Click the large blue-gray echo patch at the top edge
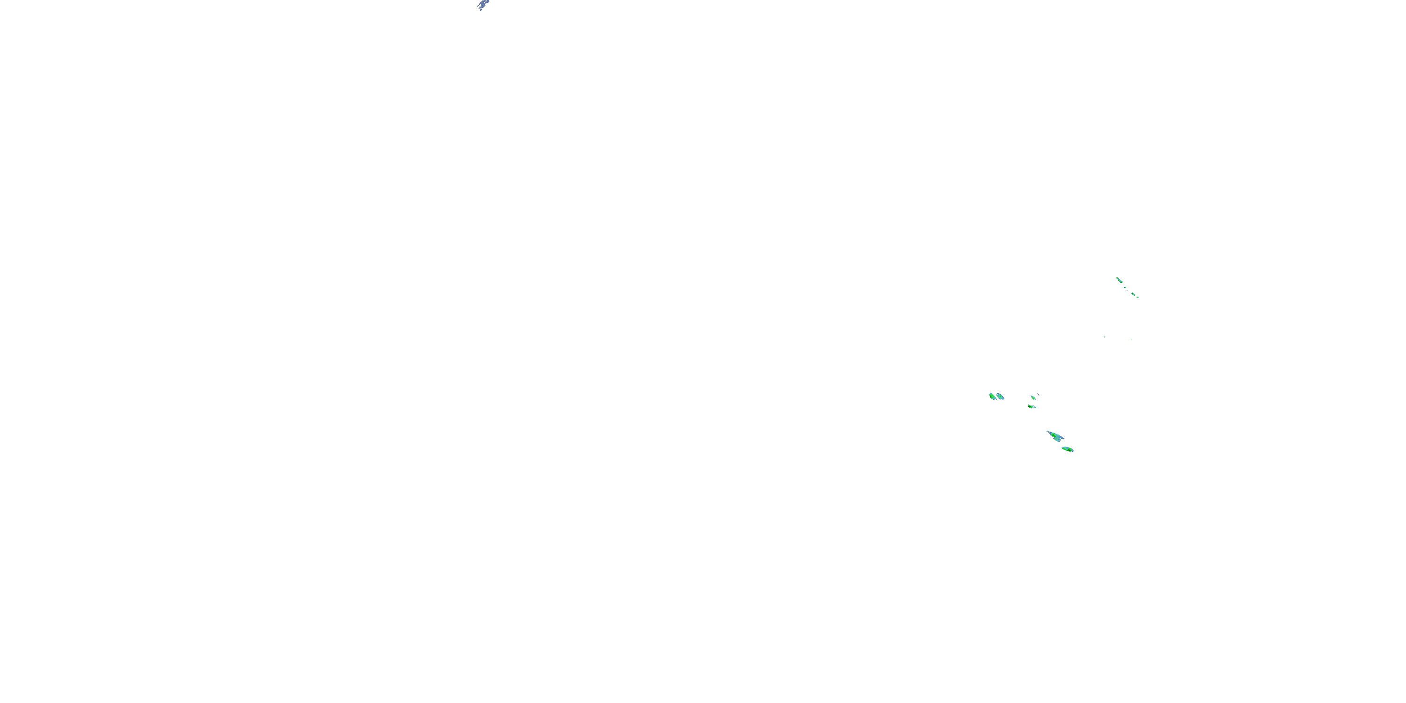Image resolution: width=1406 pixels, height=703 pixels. [x=483, y=4]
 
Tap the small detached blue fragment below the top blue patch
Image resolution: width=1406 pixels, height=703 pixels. [x=481, y=10]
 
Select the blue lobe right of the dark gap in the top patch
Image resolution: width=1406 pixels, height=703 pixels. [x=488, y=1]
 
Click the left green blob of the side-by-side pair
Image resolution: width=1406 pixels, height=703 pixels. [x=992, y=396]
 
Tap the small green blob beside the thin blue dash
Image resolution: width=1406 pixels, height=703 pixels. [x=1033, y=398]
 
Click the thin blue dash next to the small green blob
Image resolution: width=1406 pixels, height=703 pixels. [x=1039, y=395]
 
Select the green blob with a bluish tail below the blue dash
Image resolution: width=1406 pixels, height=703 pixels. [x=1031, y=407]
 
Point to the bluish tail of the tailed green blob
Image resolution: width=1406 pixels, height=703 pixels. [x=1035, y=407]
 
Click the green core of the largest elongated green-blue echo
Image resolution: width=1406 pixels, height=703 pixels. [x=1054, y=435]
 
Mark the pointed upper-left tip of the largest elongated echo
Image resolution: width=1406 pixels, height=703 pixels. [x=1047, y=431]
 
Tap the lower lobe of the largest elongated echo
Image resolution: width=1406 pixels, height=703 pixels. [x=1057, y=440]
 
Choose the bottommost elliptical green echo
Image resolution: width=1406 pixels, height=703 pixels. [x=1068, y=449]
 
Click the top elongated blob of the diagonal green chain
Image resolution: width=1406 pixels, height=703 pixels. [x=1120, y=281]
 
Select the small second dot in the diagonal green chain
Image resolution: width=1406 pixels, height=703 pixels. [x=1125, y=288]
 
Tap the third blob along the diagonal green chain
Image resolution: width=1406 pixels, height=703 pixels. [x=1134, y=294]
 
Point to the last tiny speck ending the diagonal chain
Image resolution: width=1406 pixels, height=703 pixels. [x=1138, y=298]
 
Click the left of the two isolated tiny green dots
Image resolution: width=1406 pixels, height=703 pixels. [x=1105, y=337]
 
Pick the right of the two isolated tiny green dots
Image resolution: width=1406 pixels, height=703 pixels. [x=1132, y=339]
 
